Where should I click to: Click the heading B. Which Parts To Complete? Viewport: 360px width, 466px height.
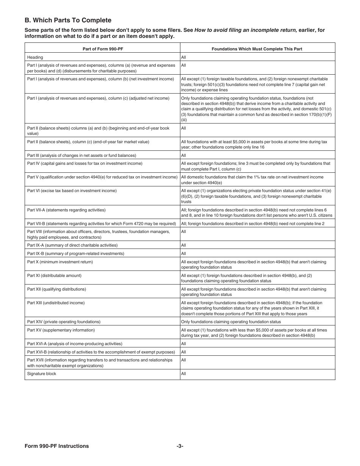68,20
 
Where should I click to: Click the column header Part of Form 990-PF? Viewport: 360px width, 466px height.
102,49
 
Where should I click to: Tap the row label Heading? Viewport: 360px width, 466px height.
35,57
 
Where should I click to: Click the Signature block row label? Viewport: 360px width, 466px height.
42,374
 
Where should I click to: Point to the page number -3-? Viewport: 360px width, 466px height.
180,446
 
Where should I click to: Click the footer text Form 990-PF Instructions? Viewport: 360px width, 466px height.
57,446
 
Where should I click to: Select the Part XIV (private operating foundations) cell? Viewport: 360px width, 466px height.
64,322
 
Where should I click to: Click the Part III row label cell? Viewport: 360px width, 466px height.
81,155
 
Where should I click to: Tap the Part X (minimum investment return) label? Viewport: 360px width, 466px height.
60,262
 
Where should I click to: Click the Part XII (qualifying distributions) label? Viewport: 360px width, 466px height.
56,289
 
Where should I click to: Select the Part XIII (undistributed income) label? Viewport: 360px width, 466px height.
56,303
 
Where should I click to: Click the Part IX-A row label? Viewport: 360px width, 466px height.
72,245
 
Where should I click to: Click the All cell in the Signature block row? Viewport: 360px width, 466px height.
184,374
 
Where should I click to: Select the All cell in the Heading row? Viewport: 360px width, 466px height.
184,57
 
